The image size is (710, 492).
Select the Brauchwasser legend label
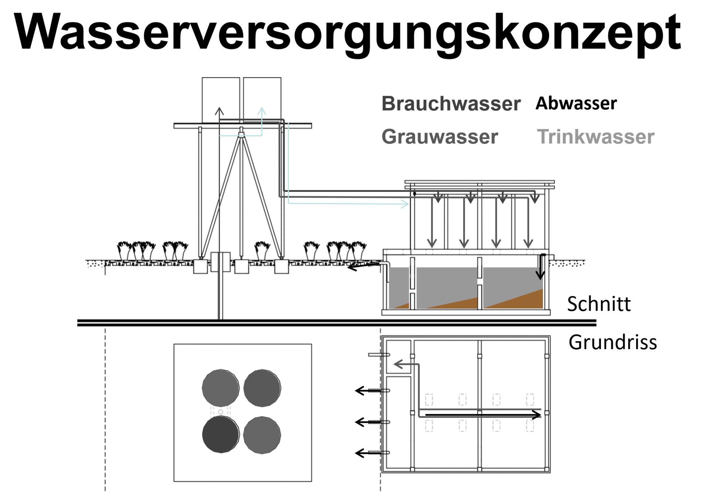pyautogui.click(x=451, y=104)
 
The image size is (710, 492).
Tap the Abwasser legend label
pyautogui.click(x=576, y=103)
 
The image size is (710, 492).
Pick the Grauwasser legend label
pyautogui.click(x=440, y=137)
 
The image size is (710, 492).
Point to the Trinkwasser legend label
pyautogui.click(x=595, y=137)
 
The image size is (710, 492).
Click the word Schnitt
pyautogui.click(x=599, y=304)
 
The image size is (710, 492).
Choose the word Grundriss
pyautogui.click(x=613, y=342)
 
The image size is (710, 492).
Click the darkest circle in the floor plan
pyautogui.click(x=220, y=434)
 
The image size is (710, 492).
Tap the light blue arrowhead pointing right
pyautogui.click(x=405, y=204)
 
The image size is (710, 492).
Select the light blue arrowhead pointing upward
pyautogui.click(x=262, y=111)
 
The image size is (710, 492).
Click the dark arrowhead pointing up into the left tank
pyautogui.click(x=220, y=111)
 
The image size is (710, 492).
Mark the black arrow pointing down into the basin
pyautogui.click(x=540, y=274)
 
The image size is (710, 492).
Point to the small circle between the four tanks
pyautogui.click(x=221, y=412)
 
